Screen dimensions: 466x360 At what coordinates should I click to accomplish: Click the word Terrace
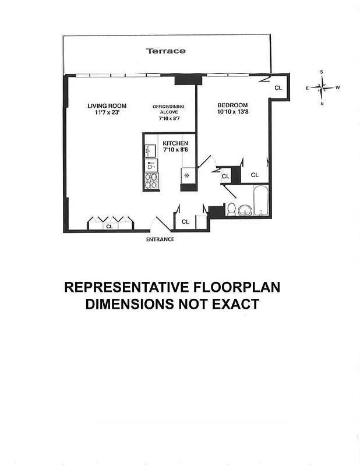166,51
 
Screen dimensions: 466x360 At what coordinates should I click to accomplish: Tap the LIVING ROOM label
107,106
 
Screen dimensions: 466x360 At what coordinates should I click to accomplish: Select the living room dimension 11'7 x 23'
107,113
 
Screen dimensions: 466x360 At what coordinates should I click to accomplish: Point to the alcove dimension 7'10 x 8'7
169,119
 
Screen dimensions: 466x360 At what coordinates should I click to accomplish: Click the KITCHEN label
175,143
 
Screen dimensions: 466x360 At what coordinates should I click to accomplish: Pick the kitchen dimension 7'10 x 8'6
175,150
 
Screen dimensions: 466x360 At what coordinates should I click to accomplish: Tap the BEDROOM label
232,105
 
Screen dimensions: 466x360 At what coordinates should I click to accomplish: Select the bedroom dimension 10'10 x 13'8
232,112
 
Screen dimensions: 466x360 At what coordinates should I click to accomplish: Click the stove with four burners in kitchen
150,182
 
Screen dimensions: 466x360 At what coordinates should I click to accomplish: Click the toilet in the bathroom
231,210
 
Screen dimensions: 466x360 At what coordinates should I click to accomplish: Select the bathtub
260,201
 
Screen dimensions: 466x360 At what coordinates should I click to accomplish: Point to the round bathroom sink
245,209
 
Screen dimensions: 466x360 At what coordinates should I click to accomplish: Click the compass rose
322,88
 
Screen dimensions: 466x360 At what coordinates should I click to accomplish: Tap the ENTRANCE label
160,239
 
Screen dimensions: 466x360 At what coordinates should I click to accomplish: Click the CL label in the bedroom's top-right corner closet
278,88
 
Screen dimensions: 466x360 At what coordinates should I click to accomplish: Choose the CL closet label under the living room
109,226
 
